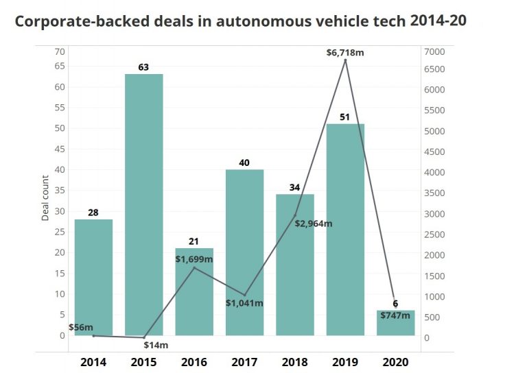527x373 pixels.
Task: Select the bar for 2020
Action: tap(395, 323)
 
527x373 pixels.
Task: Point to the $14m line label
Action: tap(156, 345)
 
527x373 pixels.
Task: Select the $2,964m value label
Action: tap(313, 224)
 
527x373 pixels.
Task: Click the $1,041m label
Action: tap(244, 302)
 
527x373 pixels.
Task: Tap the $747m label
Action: tap(396, 317)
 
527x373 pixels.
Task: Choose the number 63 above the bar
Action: tap(143, 67)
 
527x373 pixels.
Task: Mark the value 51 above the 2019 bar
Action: tap(345, 117)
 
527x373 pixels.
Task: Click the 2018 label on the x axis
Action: tap(294, 361)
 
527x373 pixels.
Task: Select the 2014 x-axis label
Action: tap(93, 361)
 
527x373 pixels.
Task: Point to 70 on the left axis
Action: tap(60, 52)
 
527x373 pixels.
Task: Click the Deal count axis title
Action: tap(46, 200)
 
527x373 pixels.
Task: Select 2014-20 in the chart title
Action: tap(438, 21)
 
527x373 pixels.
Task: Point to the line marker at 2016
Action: tap(194, 267)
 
